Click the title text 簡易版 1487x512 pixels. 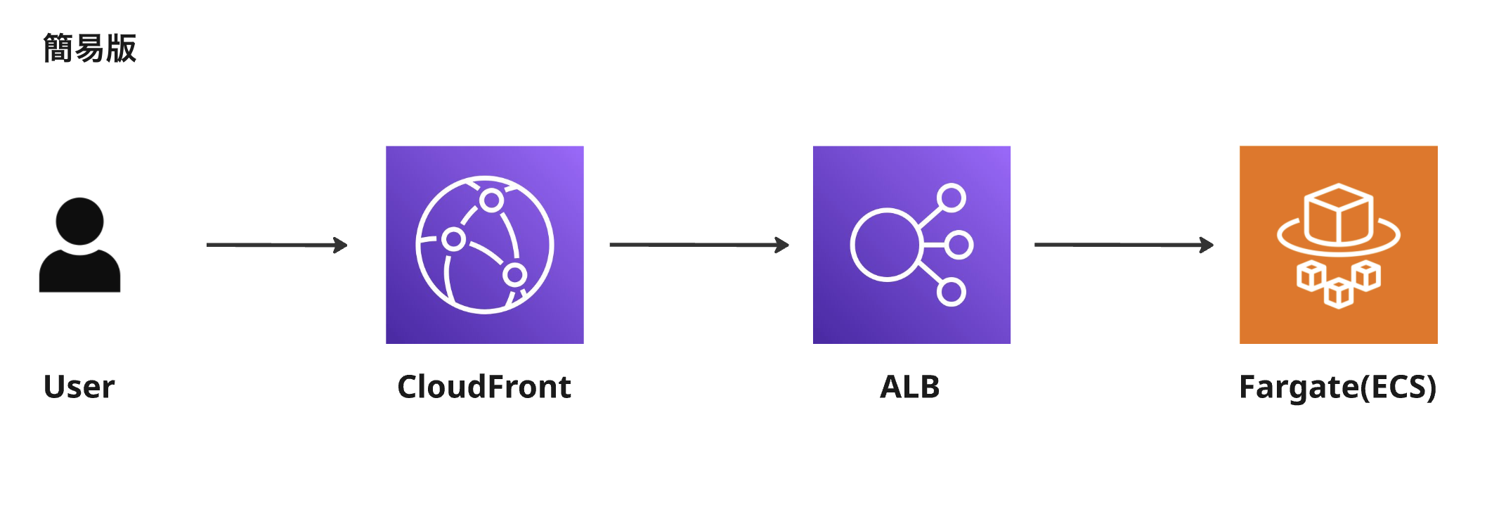pyautogui.click(x=89, y=49)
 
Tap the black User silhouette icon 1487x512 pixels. pyautogui.click(x=79, y=245)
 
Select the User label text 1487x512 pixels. pyautogui.click(x=79, y=387)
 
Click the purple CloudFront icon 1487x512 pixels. pyautogui.click(x=484, y=245)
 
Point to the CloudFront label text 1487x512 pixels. pyautogui.click(x=484, y=387)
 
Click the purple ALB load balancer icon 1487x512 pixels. pyautogui.click(x=911, y=245)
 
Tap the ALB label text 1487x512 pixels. pyautogui.click(x=909, y=387)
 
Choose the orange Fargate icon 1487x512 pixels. pyautogui.click(x=1338, y=245)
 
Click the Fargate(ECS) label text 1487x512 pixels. pyautogui.click(x=1337, y=387)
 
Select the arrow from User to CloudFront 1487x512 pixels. pyautogui.click(x=276, y=245)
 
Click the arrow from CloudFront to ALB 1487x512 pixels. pyautogui.click(x=699, y=245)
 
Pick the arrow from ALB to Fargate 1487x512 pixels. pyautogui.click(x=1123, y=245)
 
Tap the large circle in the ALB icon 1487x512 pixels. pyautogui.click(x=885, y=245)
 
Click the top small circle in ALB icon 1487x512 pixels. pyautogui.click(x=951, y=198)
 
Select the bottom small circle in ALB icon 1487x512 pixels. pyautogui.click(x=951, y=292)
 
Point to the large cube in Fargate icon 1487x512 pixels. pyautogui.click(x=1338, y=215)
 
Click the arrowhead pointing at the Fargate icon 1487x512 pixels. pyautogui.click(x=1207, y=245)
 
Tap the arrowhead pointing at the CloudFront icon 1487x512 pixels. pyautogui.click(x=341, y=245)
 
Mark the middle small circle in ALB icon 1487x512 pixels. pyautogui.click(x=958, y=245)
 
